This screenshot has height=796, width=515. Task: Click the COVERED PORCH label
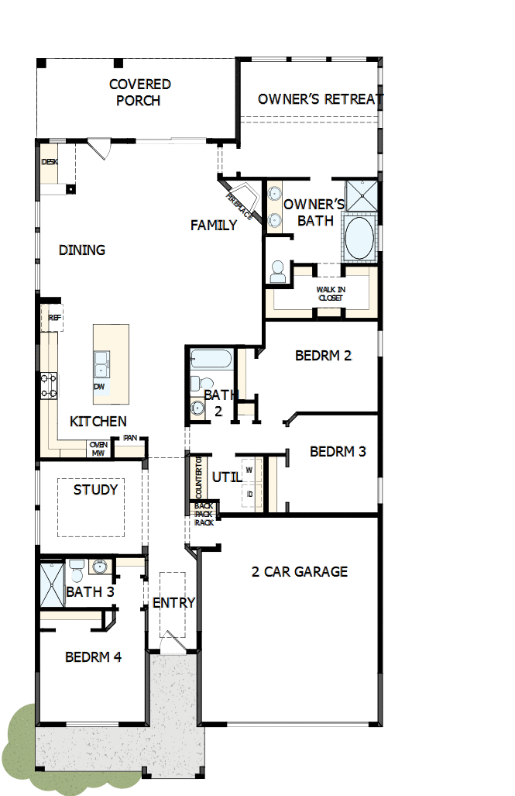(139, 92)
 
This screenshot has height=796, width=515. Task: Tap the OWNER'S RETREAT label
(320, 99)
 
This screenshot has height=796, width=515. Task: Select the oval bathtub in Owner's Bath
(359, 237)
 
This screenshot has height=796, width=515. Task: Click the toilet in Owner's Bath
(278, 272)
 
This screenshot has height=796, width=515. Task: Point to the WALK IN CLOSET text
(331, 293)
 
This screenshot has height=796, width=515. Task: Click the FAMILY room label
(214, 226)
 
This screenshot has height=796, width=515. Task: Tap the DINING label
(82, 250)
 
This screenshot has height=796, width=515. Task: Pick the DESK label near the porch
(50, 162)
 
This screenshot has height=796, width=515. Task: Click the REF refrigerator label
(54, 318)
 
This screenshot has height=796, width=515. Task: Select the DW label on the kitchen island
(99, 386)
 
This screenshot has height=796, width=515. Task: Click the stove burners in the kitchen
(49, 386)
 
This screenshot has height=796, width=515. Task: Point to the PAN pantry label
(129, 439)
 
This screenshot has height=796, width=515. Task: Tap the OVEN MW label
(98, 449)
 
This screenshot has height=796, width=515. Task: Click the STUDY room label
(96, 490)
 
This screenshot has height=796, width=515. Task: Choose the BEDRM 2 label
(323, 356)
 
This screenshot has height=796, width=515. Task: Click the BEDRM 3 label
(338, 451)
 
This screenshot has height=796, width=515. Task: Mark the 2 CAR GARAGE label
(300, 572)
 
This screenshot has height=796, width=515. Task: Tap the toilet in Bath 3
(76, 572)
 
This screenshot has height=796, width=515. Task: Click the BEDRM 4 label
(93, 657)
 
